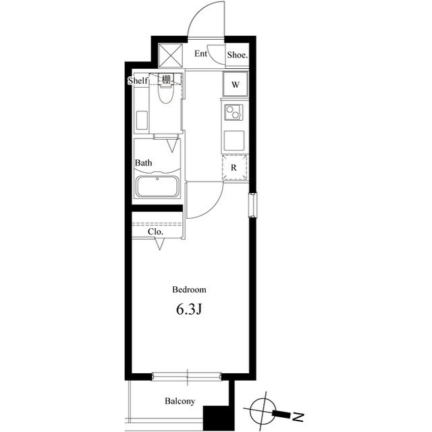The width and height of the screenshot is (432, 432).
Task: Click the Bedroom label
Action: [189, 290]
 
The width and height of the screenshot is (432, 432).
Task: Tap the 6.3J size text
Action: [189, 310]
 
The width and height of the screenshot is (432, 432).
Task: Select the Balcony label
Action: [180, 402]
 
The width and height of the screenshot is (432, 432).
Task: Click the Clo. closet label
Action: [156, 232]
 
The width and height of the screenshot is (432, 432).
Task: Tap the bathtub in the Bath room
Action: [157, 186]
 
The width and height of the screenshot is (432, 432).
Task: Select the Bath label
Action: [143, 163]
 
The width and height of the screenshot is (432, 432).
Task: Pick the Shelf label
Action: [138, 81]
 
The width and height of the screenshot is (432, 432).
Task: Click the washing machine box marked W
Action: [236, 85]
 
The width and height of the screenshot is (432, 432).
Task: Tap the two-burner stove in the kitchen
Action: [234, 112]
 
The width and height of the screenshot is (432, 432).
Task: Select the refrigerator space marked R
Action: [234, 167]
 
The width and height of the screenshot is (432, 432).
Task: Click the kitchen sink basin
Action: [234, 140]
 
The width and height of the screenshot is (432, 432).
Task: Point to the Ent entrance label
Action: [200, 54]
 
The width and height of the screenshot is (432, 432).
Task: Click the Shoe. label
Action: [236, 55]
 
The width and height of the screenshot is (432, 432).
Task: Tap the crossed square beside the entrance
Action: [169, 55]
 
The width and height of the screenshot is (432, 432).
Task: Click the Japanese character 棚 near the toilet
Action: [166, 79]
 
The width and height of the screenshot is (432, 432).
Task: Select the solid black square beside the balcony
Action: [217, 414]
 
